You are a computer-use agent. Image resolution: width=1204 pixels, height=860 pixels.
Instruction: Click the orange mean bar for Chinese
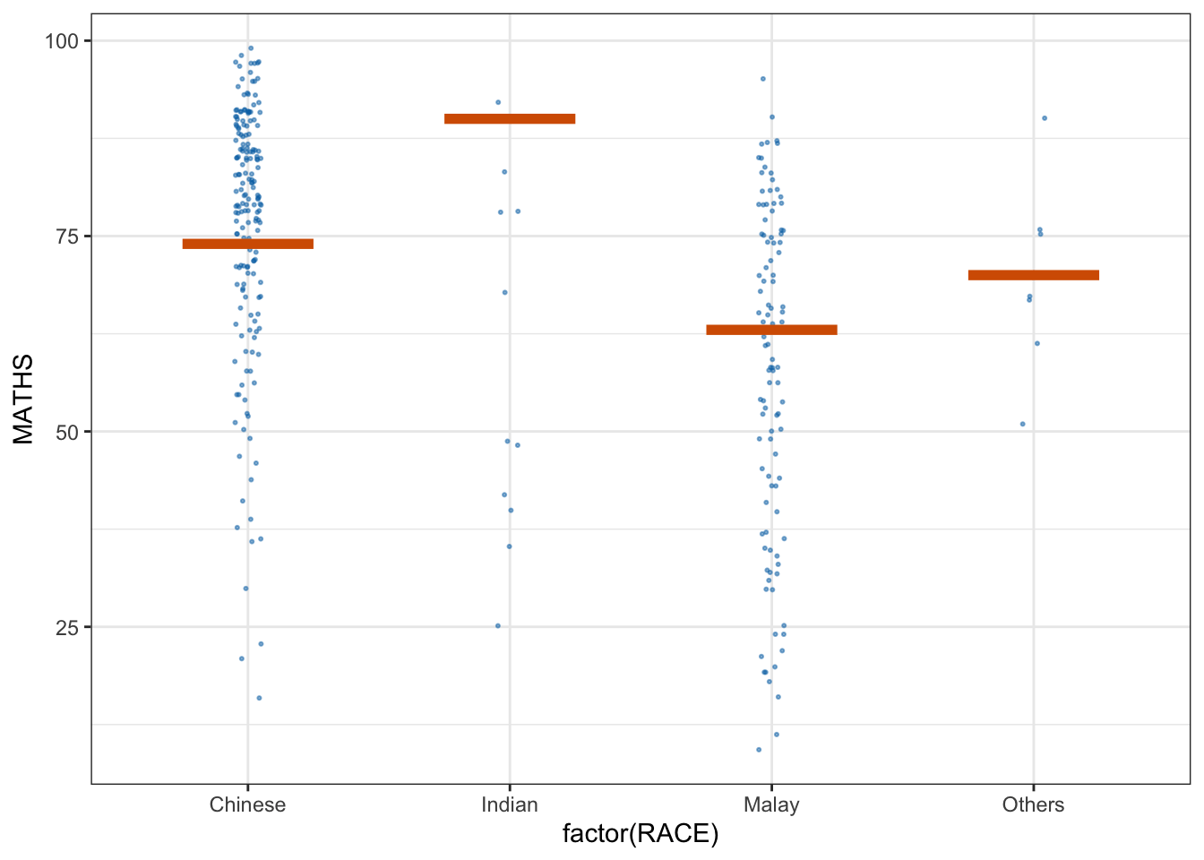pyautogui.click(x=247, y=244)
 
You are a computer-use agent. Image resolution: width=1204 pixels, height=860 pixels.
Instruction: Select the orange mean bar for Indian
pyautogui.click(x=510, y=118)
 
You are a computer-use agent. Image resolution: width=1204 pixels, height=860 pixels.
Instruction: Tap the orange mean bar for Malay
pyautogui.click(x=771, y=330)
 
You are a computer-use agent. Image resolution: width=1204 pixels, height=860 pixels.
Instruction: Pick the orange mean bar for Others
pyautogui.click(x=1033, y=275)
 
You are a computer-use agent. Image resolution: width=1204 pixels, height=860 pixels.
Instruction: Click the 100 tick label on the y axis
pyautogui.click(x=62, y=41)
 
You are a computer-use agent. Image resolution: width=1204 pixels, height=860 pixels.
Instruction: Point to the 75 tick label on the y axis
pyautogui.click(x=67, y=236)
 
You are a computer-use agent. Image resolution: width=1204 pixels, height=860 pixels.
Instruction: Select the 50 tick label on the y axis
pyautogui.click(x=67, y=432)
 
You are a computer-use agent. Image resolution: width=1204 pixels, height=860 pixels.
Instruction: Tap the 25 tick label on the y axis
pyautogui.click(x=67, y=627)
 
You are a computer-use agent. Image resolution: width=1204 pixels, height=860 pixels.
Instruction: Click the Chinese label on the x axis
pyautogui.click(x=247, y=804)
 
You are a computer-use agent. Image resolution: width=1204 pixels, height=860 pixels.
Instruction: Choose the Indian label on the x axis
pyautogui.click(x=510, y=804)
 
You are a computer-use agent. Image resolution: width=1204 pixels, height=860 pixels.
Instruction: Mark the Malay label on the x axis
pyautogui.click(x=771, y=804)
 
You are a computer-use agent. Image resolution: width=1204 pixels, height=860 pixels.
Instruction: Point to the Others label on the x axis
pyautogui.click(x=1033, y=804)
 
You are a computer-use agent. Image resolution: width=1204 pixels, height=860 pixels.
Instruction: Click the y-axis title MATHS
pyautogui.click(x=24, y=399)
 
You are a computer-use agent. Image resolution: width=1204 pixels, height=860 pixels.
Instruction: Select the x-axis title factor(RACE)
pyautogui.click(x=641, y=835)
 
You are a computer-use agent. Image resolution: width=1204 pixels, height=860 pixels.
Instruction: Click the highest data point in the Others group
pyautogui.click(x=1044, y=118)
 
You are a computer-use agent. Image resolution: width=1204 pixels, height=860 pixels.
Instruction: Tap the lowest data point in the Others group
pyautogui.click(x=1022, y=424)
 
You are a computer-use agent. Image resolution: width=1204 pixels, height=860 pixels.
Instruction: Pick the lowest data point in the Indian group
pyautogui.click(x=498, y=626)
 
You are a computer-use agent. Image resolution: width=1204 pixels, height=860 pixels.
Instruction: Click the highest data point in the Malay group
pyautogui.click(x=763, y=79)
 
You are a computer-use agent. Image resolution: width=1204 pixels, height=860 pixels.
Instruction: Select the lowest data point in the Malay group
pyautogui.click(x=759, y=750)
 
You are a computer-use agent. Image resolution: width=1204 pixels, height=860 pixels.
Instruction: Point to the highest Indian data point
pyautogui.click(x=498, y=102)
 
